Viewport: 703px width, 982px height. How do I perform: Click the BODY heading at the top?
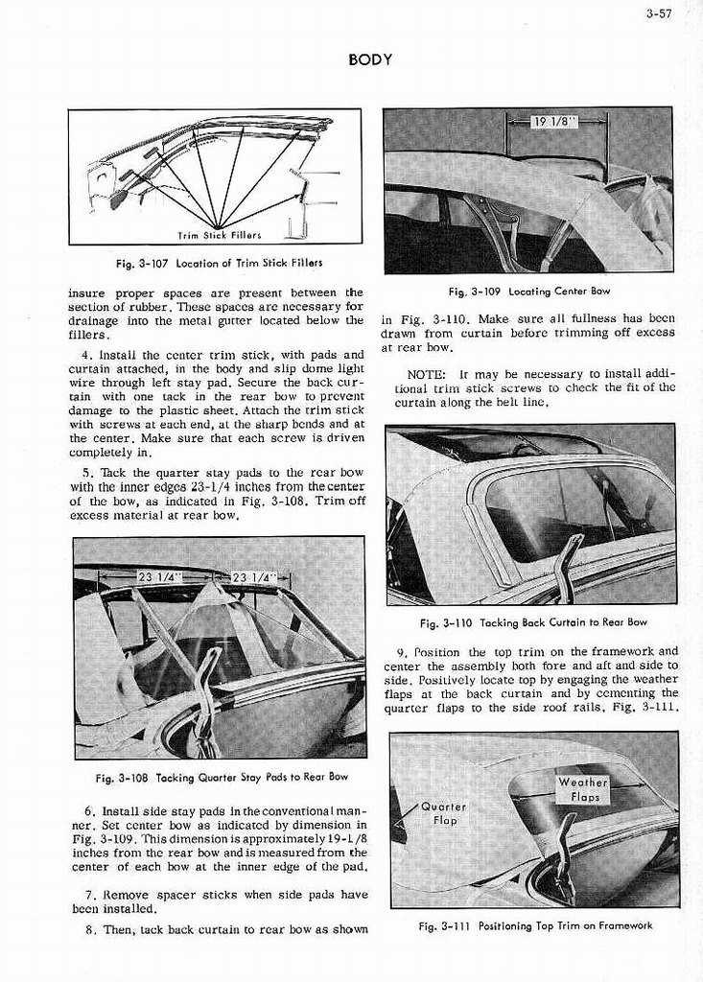pos(370,59)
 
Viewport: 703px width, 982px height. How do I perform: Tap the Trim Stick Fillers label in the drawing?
pos(220,234)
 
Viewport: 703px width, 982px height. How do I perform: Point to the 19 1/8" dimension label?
pos(555,122)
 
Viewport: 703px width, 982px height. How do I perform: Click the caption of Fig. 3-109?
pos(528,291)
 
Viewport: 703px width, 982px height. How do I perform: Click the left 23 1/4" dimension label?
pos(158,577)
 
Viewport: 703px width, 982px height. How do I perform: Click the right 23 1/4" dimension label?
pos(253,577)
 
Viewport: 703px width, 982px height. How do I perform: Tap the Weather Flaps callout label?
pos(583,790)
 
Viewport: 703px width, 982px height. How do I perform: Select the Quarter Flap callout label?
pos(444,814)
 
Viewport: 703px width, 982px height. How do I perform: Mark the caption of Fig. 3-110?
pos(534,622)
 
